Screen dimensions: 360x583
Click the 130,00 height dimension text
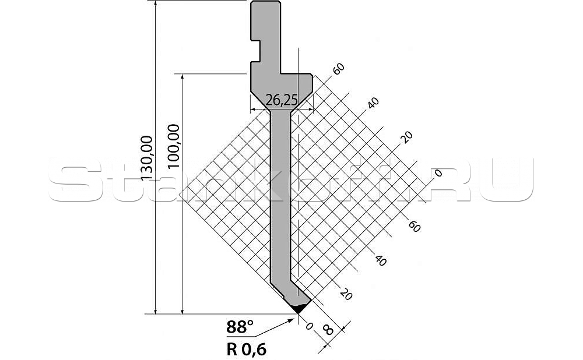tap(146, 157)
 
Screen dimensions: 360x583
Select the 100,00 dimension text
tap(173, 146)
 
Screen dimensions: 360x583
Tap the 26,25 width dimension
tap(281, 101)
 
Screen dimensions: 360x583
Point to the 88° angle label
tap(240, 328)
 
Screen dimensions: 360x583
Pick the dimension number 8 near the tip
tap(328, 331)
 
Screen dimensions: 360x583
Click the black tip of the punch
tap(298, 308)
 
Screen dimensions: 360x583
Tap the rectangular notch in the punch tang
tap(256, 49)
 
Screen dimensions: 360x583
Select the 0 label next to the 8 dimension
tap(308, 326)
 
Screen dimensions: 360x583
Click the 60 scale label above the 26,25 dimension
tap(338, 68)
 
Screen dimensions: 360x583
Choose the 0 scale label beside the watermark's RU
tap(439, 172)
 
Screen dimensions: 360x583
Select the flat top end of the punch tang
tap(265, 2)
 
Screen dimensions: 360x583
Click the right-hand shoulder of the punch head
tap(298, 74)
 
